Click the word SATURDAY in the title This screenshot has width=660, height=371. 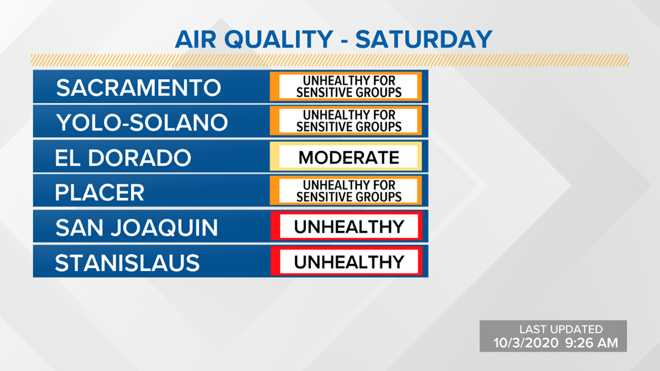pos(423,39)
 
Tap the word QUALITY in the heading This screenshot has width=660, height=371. pos(278,39)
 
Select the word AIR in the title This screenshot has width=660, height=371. pos(195,39)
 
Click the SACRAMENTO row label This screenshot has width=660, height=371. pos(138,88)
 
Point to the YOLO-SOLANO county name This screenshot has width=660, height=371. pos(142,123)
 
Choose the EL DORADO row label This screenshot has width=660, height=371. pos(123,158)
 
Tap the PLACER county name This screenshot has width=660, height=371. pos(100,193)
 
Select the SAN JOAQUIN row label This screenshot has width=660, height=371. pos(137,228)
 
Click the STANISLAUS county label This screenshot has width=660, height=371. pos(127,263)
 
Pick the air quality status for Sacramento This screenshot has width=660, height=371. pos(346,87)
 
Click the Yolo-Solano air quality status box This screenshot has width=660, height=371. pos(346,121)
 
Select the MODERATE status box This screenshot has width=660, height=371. pos(346,157)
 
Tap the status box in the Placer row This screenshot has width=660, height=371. pos(346,191)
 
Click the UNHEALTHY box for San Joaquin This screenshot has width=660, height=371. pos(346,226)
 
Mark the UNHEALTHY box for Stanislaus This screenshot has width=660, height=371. pos(346,262)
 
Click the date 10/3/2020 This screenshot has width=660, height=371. pos(525,343)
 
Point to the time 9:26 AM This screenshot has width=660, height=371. pos(591,343)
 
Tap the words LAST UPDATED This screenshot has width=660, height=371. pos(560,329)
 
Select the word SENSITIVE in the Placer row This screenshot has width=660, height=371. pos(322,197)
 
